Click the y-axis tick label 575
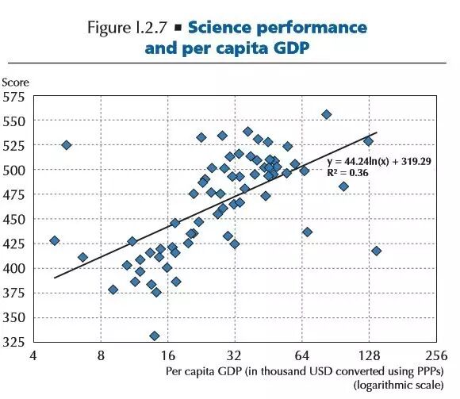pos(14,97)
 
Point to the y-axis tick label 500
pos(14,170)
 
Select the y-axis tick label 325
pos(14,341)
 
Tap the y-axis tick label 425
pos(14,244)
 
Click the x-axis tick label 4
pos(33,355)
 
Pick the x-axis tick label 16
pos(167,355)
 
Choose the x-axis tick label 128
pos(369,355)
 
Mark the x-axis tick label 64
pos(301,355)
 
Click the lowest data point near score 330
pos(155,336)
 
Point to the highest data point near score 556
pos(326,115)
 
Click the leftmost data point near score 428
pos(55,240)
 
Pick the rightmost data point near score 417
pos(376,251)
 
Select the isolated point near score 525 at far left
pos(67,145)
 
